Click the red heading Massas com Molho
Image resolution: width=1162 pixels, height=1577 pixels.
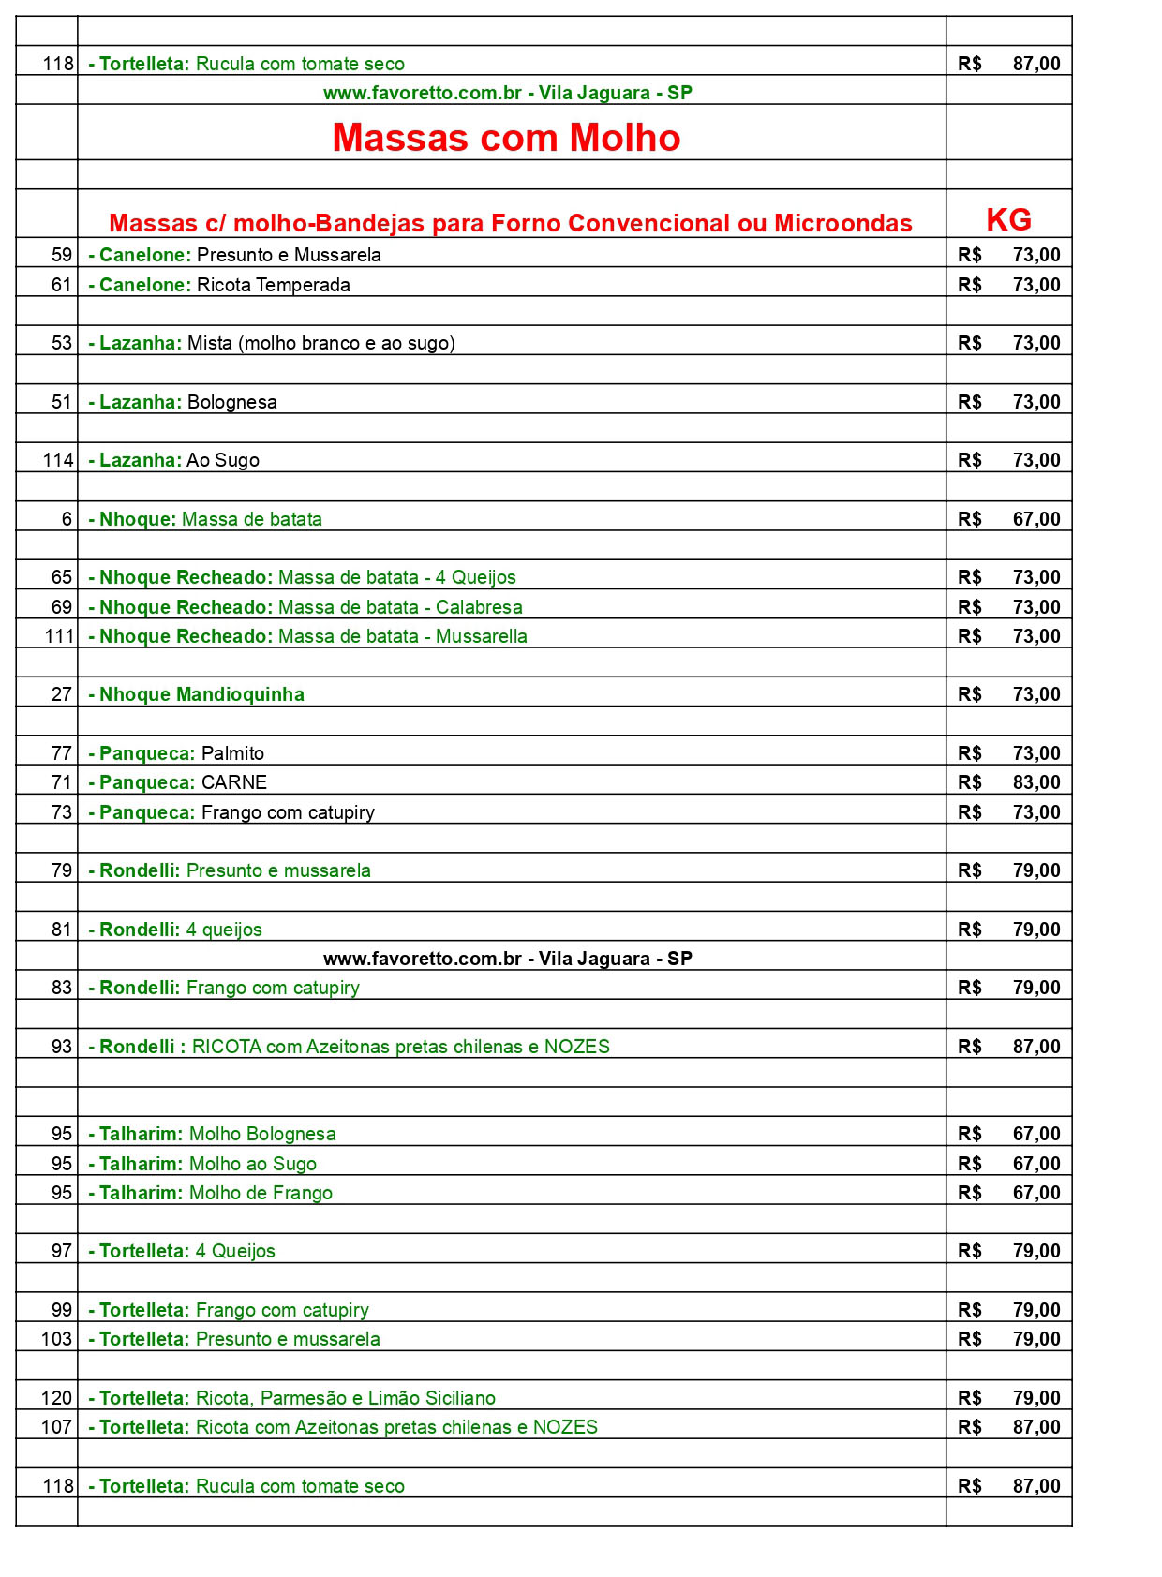point(506,138)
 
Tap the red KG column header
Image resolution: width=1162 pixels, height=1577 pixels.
point(1008,220)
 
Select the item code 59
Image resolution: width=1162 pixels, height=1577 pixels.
point(62,255)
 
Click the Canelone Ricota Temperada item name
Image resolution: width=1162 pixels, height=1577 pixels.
point(219,285)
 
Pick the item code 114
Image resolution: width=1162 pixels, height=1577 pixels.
point(58,460)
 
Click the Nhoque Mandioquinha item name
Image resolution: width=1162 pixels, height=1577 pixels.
point(197,694)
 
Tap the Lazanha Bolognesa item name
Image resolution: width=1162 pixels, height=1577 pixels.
point(183,402)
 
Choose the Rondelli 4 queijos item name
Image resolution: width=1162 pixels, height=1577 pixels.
point(175,930)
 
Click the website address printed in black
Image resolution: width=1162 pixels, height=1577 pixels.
point(507,959)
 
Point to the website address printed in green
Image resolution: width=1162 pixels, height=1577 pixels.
point(507,93)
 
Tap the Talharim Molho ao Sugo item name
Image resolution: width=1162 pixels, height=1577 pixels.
point(202,1164)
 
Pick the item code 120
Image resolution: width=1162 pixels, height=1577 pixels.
point(56,1398)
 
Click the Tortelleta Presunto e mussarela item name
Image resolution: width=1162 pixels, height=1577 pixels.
point(234,1339)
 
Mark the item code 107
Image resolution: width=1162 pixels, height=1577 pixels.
point(56,1427)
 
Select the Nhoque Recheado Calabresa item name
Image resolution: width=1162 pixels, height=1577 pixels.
point(305,607)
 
